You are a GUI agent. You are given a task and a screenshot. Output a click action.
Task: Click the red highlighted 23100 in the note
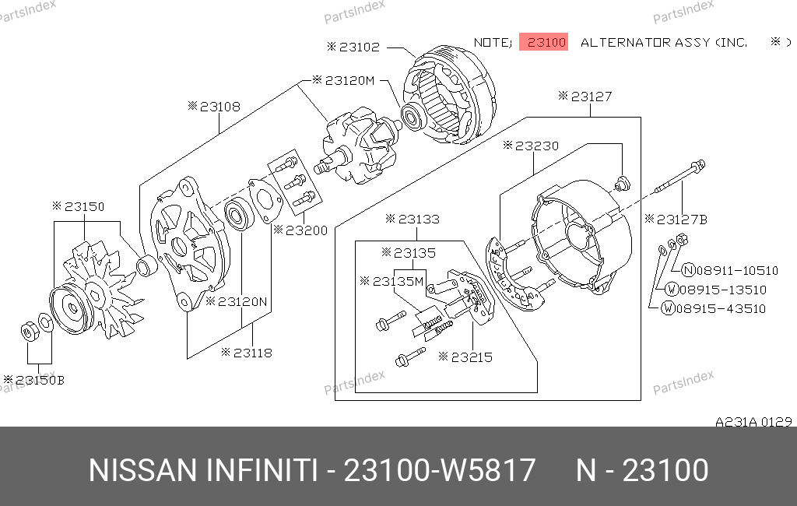543,42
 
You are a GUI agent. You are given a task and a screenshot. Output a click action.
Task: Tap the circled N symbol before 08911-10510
688,270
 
